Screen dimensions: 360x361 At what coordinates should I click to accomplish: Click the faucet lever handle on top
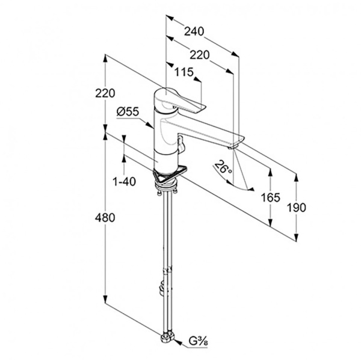(x=180, y=102)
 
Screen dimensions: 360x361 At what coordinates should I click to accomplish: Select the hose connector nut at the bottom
(x=167, y=339)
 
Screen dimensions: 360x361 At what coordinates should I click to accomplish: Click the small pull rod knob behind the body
(x=179, y=143)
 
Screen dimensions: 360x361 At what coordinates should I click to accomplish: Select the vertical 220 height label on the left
(x=106, y=93)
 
